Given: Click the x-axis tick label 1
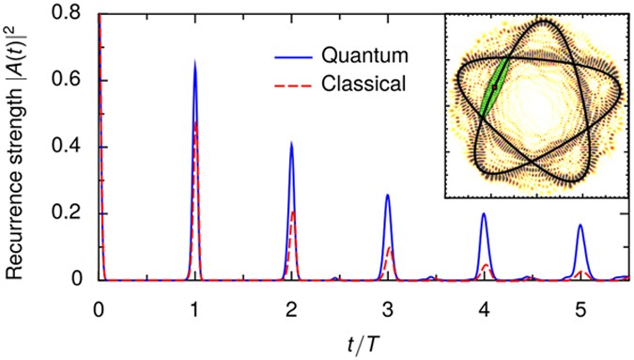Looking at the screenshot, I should pos(194,307).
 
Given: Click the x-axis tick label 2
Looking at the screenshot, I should pos(291,307).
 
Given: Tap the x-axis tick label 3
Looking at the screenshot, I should pos(388,307).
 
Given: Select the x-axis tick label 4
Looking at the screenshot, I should pos(484,307).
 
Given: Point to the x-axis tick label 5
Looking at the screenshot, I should pos(580,307).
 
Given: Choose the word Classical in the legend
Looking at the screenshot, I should pos(362,84).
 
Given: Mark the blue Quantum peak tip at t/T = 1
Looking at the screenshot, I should pos(194,60).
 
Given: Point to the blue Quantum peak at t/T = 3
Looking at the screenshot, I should pos(388,195).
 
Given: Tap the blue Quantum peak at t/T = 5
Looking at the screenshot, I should pos(580,225).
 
